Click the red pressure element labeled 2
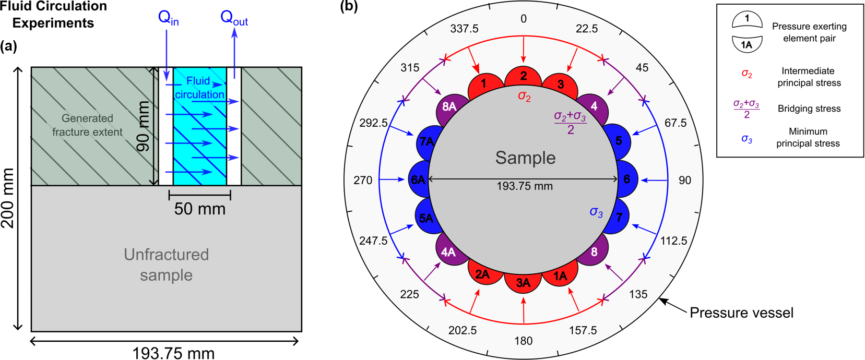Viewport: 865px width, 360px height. point(523,77)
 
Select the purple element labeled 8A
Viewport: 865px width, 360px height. point(449,107)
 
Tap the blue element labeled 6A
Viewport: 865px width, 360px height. point(418,180)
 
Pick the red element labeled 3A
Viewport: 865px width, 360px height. point(523,283)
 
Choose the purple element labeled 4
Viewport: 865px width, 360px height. point(594,106)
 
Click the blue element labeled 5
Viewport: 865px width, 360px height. point(619,141)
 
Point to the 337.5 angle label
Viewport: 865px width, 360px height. point(464,29)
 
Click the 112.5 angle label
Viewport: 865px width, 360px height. point(673,241)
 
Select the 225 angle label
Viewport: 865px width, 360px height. point(409,294)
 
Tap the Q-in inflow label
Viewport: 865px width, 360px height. point(168,18)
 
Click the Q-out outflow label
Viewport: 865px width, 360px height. point(234,18)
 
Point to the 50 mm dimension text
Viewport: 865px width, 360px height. point(200,209)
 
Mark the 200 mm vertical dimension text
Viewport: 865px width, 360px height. point(8,198)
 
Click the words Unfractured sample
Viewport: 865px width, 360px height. point(166,265)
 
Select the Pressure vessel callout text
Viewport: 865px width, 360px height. point(741,313)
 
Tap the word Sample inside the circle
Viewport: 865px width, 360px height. point(525,158)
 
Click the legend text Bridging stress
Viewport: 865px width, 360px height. point(809,109)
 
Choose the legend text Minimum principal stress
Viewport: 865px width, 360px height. point(808,137)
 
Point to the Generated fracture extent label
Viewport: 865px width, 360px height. point(87,125)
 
